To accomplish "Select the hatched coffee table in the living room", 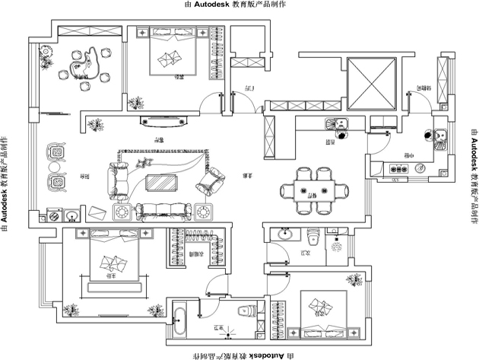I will click(160, 183).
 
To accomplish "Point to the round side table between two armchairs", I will click(55, 167).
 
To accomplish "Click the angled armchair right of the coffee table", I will click(211, 181).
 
